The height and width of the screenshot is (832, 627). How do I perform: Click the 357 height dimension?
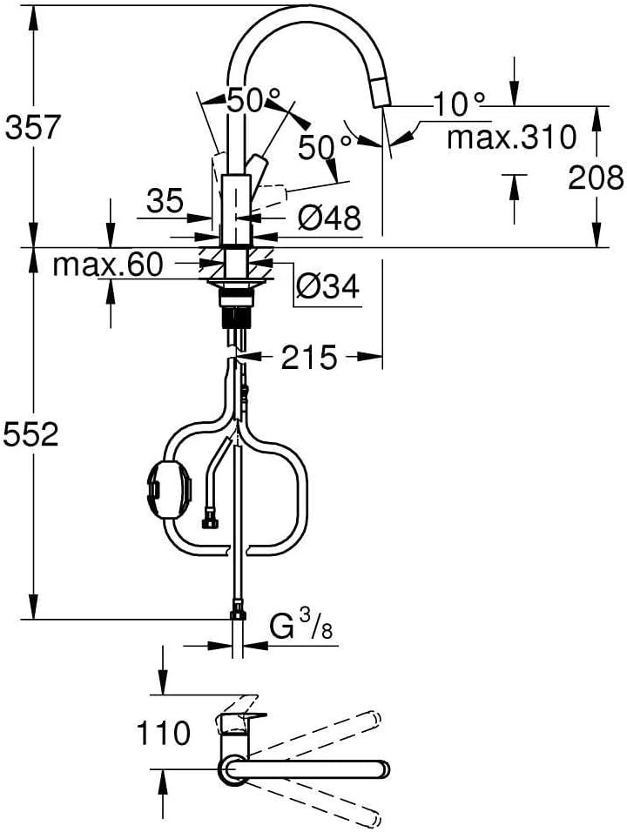(x=33, y=127)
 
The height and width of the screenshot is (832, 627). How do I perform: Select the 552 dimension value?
(x=30, y=435)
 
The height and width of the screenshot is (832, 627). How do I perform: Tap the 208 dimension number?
(x=596, y=178)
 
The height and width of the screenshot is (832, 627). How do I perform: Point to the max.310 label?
(x=510, y=137)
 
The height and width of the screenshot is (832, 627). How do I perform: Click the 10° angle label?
(x=459, y=104)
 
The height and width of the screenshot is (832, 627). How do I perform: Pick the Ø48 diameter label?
(x=330, y=217)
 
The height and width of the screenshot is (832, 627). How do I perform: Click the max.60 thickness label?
(x=108, y=265)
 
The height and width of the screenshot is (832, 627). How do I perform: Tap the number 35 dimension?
(x=165, y=200)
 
